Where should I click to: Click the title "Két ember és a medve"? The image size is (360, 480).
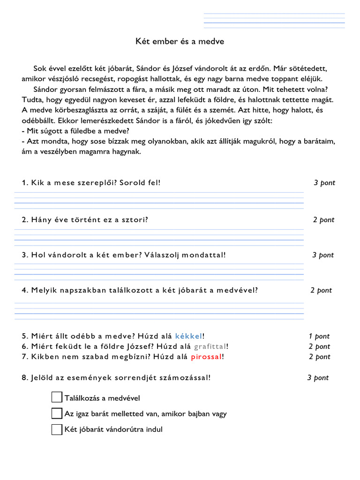point(180,42)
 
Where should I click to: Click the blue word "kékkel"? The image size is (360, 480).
point(189,336)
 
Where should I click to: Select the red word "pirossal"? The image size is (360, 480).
point(206,357)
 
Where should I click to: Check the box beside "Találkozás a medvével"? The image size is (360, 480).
point(57,397)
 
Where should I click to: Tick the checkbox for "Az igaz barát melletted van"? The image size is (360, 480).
point(57,413)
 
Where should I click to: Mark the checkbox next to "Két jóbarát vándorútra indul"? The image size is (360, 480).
point(57,429)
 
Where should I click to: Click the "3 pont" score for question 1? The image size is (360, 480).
point(324,183)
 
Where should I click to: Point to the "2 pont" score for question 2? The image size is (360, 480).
point(324,220)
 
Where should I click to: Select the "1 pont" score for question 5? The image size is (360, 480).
point(319,336)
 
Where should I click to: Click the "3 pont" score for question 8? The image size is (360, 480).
point(318,378)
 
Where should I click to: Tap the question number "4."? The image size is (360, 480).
point(25,290)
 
